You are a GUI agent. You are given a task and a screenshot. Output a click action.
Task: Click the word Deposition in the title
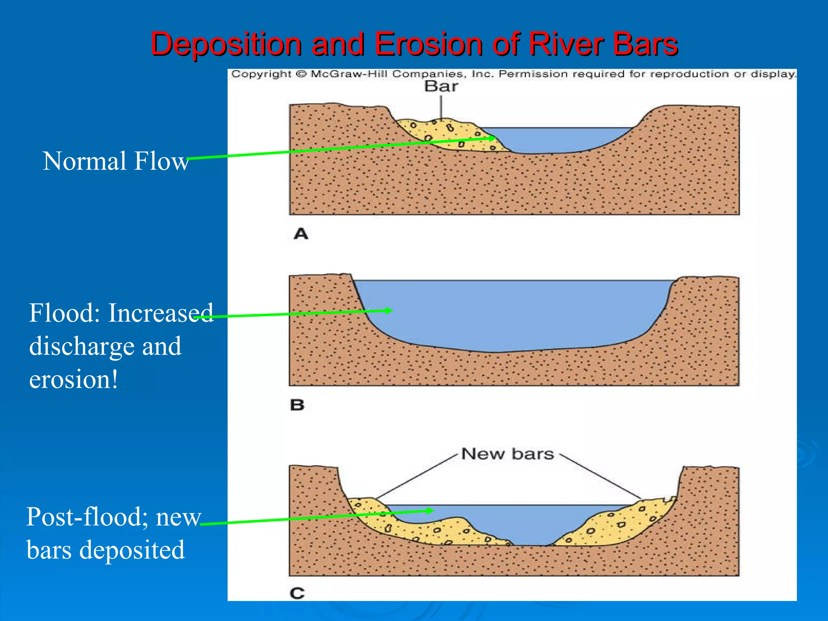point(226,44)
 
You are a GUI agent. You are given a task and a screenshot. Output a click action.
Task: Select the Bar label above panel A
point(441,87)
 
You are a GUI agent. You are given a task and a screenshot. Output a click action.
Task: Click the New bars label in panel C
point(507,454)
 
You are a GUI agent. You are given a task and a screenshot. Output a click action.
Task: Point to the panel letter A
point(301,234)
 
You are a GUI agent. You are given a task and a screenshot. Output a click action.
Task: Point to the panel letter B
point(297,405)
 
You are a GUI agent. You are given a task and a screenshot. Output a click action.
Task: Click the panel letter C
point(297,594)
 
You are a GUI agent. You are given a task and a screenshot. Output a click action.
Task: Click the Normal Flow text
point(116,161)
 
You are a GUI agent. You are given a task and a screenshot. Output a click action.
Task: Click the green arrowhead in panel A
point(492,138)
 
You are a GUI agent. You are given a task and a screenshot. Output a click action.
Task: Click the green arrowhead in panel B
point(389,310)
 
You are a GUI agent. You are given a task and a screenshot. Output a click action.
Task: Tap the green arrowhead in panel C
point(430,511)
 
